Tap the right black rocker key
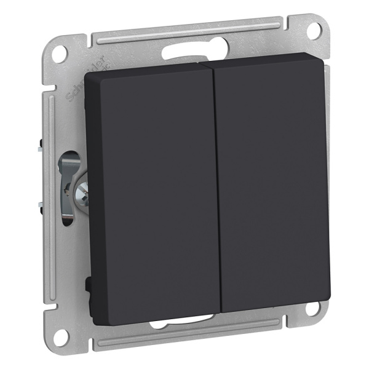tap(274, 184)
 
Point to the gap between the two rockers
tap(216, 184)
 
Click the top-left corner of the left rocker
tap(88, 76)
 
